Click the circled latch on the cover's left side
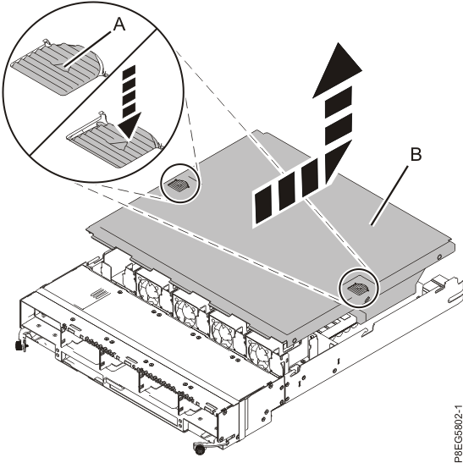tap(179, 184)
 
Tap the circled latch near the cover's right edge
tap(356, 288)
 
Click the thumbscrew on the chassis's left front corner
tap(19, 345)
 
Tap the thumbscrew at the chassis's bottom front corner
tap(203, 444)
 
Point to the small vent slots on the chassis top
tap(100, 293)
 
